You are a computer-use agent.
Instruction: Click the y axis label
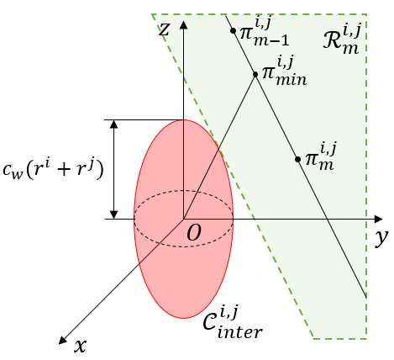pyautogui.click(x=381, y=238)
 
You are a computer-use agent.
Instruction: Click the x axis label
pyautogui.click(x=80, y=345)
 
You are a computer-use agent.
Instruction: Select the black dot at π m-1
pyautogui.click(x=233, y=32)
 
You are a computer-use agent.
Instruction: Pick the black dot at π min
pyautogui.click(x=255, y=74)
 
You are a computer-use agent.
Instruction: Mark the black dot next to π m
pyautogui.click(x=297, y=158)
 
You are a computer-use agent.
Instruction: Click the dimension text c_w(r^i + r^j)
pyautogui.click(x=54, y=171)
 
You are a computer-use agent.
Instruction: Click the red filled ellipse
pyautogui.click(x=160, y=269)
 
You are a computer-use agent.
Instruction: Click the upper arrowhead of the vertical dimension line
pyautogui.click(x=114, y=124)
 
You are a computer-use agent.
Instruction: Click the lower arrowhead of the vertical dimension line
pyautogui.click(x=114, y=214)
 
